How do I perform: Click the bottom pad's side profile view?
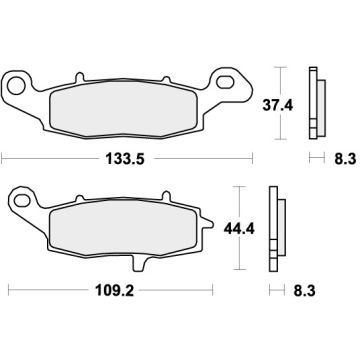click(x=274, y=228)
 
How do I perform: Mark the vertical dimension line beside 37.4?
click(x=280, y=103)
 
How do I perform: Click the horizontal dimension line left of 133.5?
click(x=50, y=157)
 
